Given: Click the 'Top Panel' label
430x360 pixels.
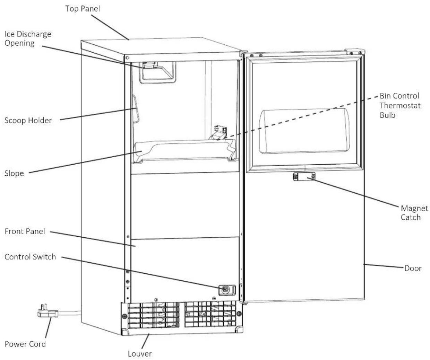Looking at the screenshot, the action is click(83, 9).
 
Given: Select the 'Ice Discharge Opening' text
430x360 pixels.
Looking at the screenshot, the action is click(28, 39).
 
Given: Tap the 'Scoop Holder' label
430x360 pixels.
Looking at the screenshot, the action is click(28, 121).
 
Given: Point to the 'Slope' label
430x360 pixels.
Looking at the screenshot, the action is click(14, 173).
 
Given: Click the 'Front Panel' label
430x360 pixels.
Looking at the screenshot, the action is click(25, 231).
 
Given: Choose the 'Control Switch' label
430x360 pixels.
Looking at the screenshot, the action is click(30, 257).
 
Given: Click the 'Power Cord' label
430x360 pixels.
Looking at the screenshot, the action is click(25, 344).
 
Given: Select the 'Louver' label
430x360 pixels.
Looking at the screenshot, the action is click(140, 354).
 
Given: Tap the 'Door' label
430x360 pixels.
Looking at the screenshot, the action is click(413, 269).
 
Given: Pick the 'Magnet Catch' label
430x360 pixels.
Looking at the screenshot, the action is click(414, 213).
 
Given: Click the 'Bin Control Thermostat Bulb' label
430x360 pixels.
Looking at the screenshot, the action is click(400, 105).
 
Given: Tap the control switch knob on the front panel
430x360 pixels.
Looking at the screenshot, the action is click(225, 290).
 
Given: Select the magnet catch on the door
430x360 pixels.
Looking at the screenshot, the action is click(304, 177).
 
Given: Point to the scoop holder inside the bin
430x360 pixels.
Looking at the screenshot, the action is click(136, 109).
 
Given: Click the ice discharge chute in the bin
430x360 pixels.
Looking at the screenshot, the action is click(157, 72).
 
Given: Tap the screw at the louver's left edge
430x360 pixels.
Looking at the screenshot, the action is click(124, 316).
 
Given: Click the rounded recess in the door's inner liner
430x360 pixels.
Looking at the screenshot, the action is click(304, 131).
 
